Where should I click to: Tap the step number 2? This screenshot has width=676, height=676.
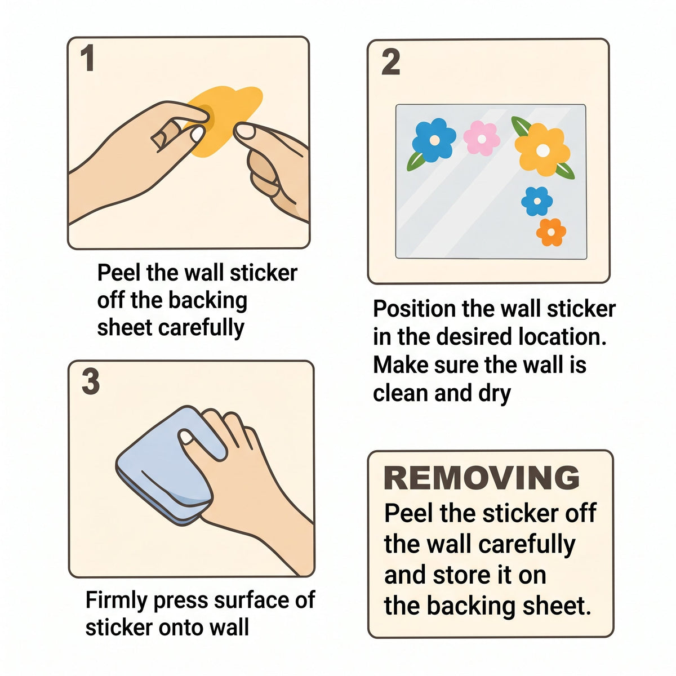(390, 62)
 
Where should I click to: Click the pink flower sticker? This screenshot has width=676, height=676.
(481, 138)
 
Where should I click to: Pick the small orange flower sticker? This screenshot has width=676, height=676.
(551, 232)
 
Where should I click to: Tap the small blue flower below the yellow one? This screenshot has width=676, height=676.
(537, 201)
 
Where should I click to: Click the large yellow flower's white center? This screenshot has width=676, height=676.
(543, 150)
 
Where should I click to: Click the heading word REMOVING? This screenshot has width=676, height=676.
(482, 478)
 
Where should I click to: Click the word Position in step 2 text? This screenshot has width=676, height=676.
(414, 309)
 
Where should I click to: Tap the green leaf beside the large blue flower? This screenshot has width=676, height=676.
(416, 161)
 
